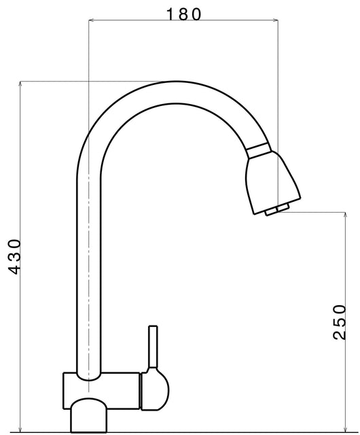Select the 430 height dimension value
(14, 257)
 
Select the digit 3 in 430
(14, 257)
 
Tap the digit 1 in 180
(170, 13)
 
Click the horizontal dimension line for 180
(136, 21)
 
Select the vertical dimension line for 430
(22, 170)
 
